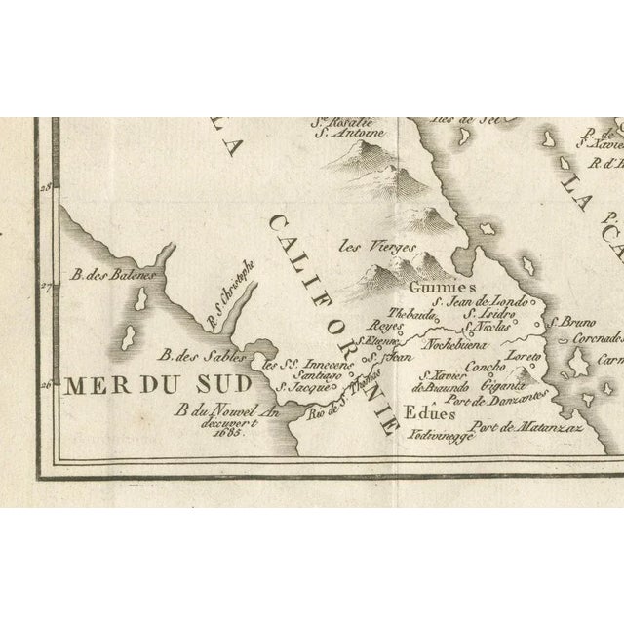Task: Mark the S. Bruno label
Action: point(567,321)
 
